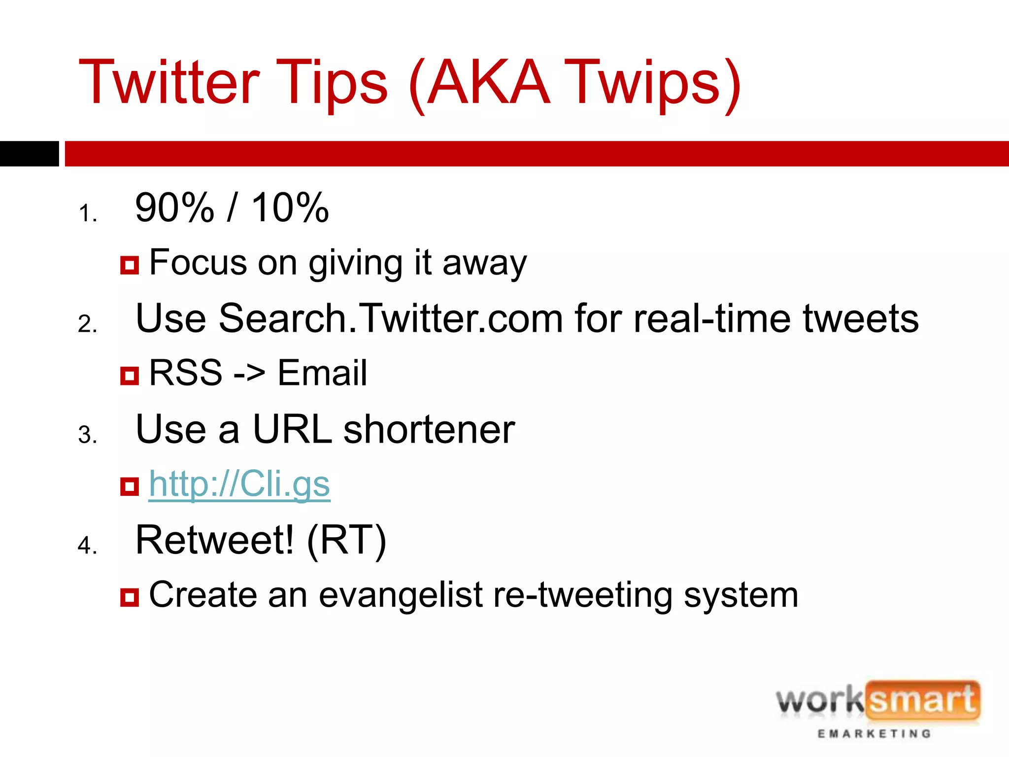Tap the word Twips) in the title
[653, 82]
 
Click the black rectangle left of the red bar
[29, 154]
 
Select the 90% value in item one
[174, 208]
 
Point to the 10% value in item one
[290, 208]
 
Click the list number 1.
[87, 214]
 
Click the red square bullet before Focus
[130, 265]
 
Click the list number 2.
[87, 324]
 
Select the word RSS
[186, 373]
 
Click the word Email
[322, 373]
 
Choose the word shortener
[429, 429]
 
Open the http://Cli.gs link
[239, 484]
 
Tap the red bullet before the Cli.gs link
[130, 486]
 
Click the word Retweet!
[215, 540]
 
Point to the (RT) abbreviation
[346, 541]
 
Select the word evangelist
[400, 595]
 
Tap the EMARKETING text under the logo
[874, 734]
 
